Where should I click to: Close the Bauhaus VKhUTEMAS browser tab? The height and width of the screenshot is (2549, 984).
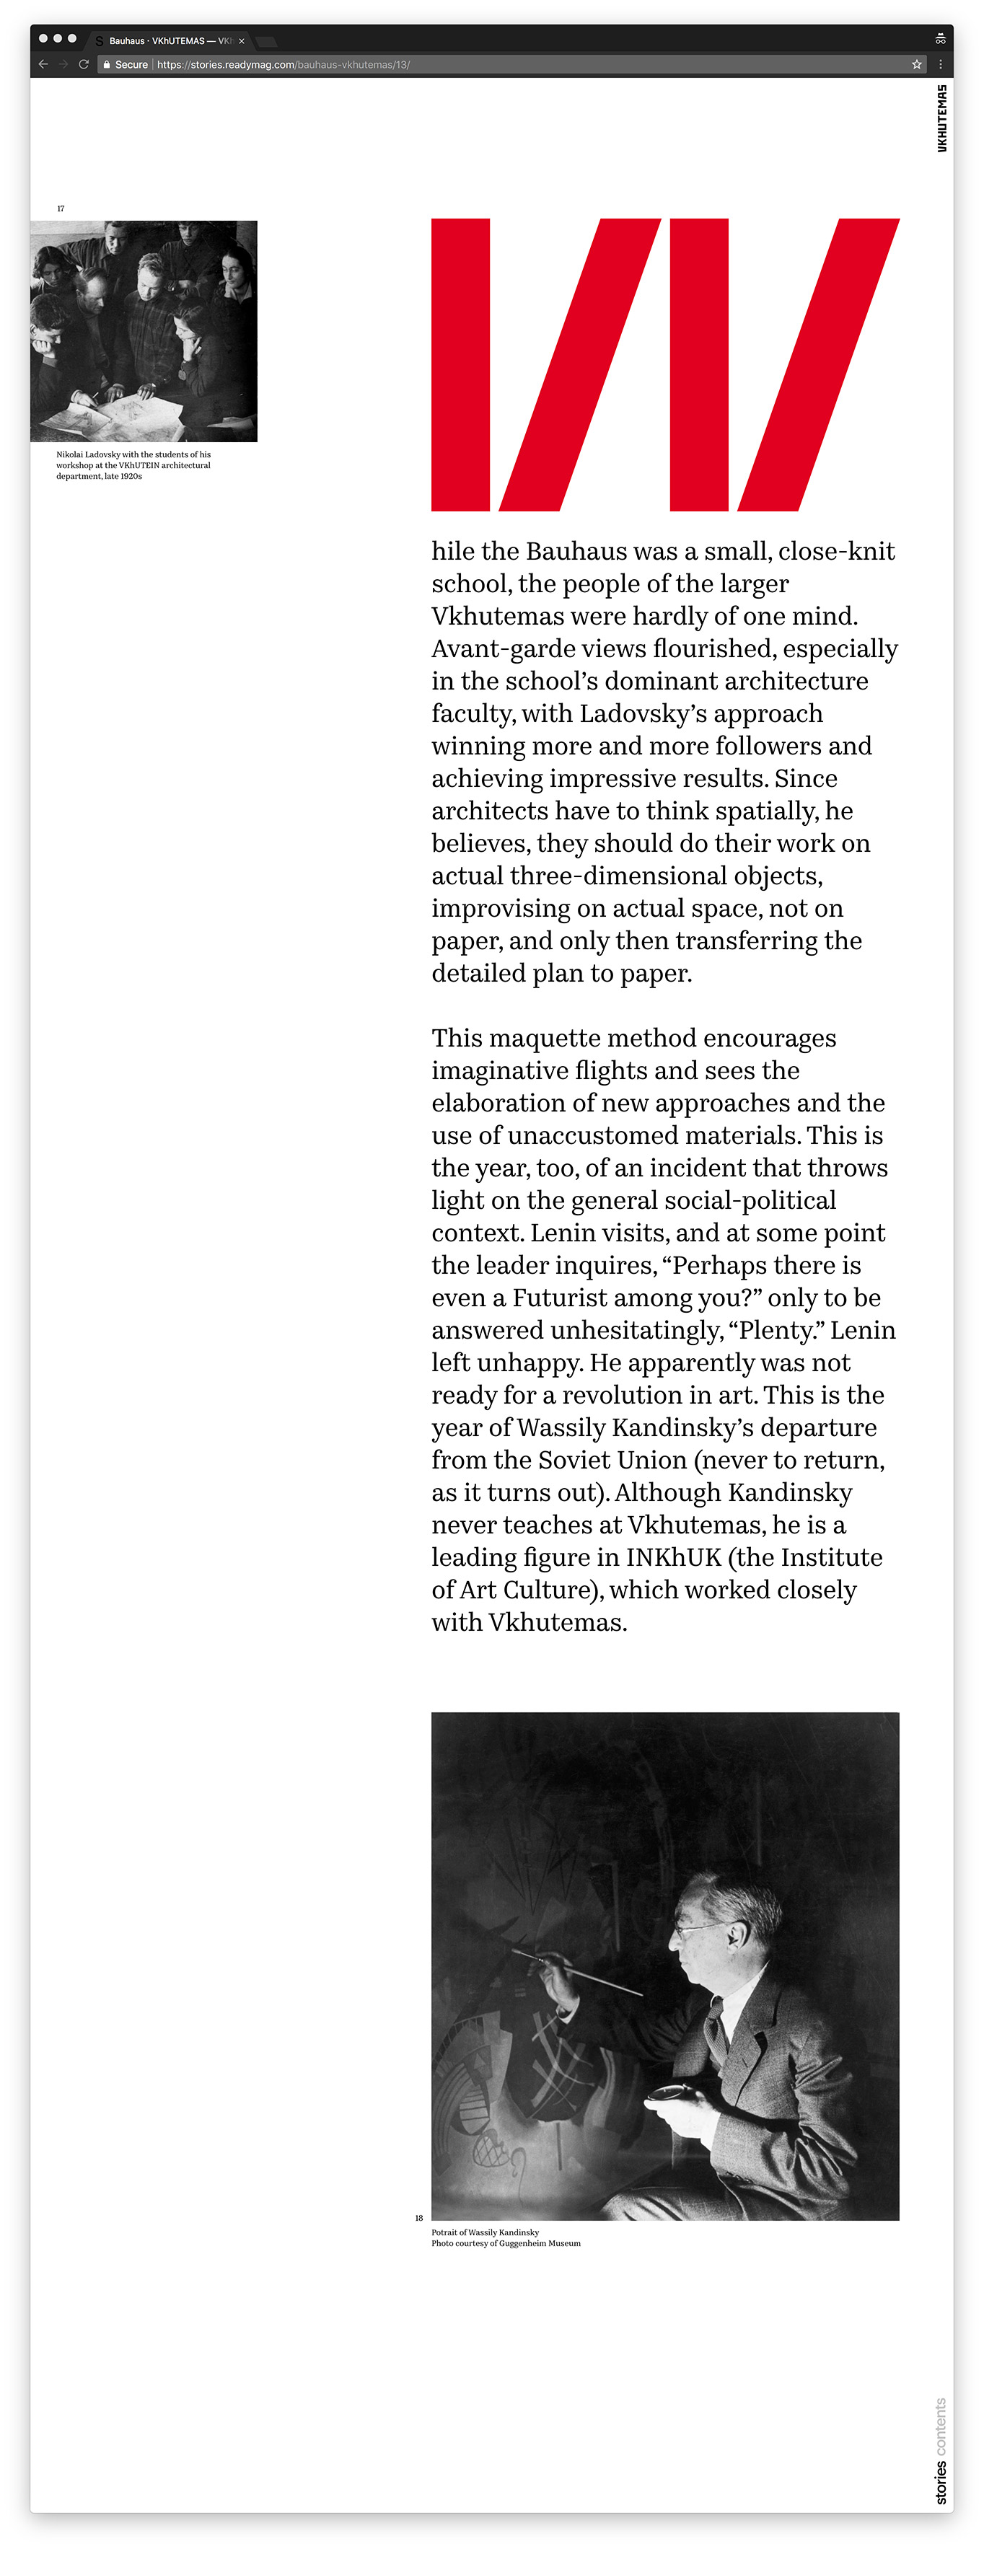[242, 40]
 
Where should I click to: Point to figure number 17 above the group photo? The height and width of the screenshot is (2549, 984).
[61, 208]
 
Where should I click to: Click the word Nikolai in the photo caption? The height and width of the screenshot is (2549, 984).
[69, 455]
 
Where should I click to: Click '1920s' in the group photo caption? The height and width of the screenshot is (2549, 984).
[131, 477]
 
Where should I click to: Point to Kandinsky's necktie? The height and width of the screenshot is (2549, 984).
[716, 2025]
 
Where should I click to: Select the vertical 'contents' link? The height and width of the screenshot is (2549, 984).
[941, 2426]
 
